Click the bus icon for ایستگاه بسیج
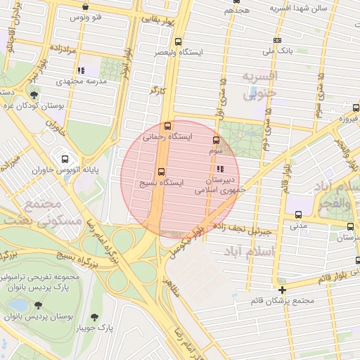(x=161, y=171)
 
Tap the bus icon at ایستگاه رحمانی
(x=167, y=127)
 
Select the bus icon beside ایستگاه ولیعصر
(x=177, y=41)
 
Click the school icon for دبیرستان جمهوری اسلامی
(x=220, y=169)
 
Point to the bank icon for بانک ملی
(x=277, y=40)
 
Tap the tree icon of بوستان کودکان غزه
(x=34, y=94)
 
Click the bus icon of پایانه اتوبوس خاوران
(x=65, y=159)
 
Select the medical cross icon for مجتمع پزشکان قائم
(x=282, y=290)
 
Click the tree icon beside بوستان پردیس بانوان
(x=37, y=305)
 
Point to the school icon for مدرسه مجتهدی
(x=81, y=70)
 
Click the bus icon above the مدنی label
(x=299, y=214)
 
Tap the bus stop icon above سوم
(x=215, y=140)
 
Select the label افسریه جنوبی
(x=259, y=84)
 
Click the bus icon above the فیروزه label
(x=355, y=108)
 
